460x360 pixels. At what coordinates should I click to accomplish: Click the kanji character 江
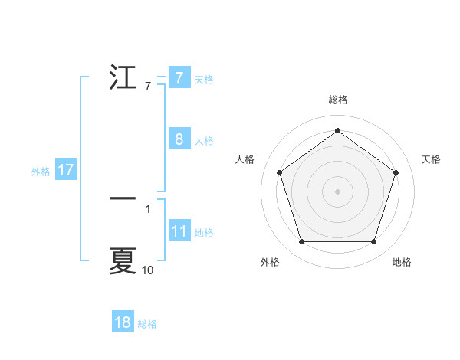pyautogui.click(x=123, y=78)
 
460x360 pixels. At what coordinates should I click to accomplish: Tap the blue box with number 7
pyautogui.click(x=179, y=77)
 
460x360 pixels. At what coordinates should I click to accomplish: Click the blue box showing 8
pyautogui.click(x=179, y=139)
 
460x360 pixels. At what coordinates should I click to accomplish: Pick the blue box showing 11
pyautogui.click(x=179, y=232)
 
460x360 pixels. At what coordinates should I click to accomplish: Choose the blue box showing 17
pyautogui.click(x=66, y=170)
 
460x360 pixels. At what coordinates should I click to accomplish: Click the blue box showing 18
pyautogui.click(x=123, y=322)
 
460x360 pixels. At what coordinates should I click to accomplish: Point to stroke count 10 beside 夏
pyautogui.click(x=147, y=270)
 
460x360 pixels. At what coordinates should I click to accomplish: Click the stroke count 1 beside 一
pyautogui.click(x=147, y=208)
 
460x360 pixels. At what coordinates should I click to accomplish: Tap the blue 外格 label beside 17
pyautogui.click(x=41, y=172)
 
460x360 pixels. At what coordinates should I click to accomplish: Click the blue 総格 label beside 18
pyautogui.click(x=147, y=324)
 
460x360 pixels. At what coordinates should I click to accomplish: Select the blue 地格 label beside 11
pyautogui.click(x=204, y=233)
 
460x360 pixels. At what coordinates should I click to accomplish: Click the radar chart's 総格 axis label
pyautogui.click(x=337, y=100)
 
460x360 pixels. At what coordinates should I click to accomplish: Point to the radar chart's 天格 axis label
pyautogui.click(x=432, y=159)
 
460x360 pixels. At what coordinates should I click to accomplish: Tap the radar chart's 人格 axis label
pyautogui.click(x=245, y=159)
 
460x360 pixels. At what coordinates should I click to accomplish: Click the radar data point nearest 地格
pyautogui.click(x=373, y=242)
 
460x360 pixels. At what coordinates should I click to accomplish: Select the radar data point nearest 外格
pyautogui.click(x=301, y=242)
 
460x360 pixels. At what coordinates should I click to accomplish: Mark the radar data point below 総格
pyautogui.click(x=337, y=131)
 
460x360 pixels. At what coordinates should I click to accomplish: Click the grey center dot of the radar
pyautogui.click(x=337, y=191)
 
